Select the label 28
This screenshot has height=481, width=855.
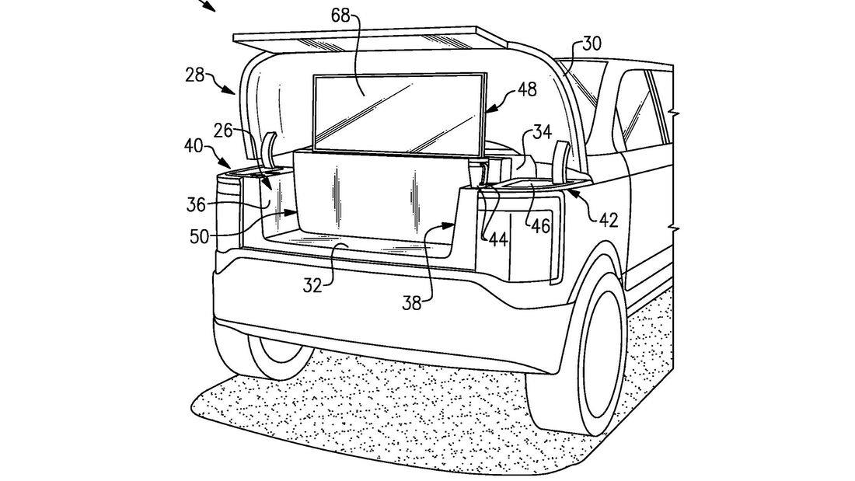195,75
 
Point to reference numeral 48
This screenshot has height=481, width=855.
526,91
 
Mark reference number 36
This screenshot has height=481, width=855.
197,204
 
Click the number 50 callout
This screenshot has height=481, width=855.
200,235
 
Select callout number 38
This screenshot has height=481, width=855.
411,301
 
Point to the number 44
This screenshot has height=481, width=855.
497,239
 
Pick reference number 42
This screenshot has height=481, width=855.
608,220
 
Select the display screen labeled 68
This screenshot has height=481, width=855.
396,113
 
